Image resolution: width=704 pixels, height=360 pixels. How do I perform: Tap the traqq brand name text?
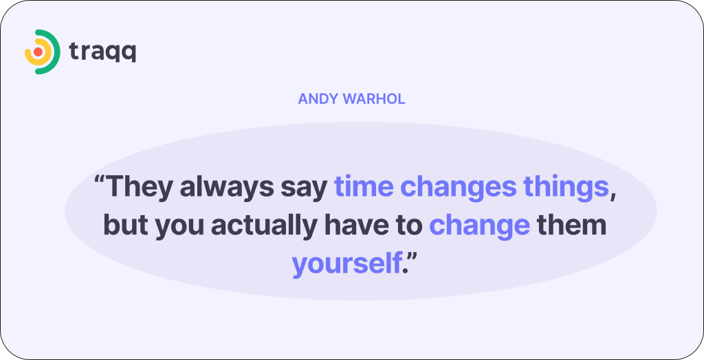102,52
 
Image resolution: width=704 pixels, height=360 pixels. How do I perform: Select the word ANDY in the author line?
316,99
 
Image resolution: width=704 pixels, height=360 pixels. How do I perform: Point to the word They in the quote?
140,188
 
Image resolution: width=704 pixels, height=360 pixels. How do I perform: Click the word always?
224,188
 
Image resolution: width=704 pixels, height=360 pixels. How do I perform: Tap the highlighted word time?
363,187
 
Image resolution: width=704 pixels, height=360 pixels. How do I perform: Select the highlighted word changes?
458,188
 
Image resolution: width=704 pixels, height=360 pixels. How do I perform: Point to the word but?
124,225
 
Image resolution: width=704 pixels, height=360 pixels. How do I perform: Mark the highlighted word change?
479,226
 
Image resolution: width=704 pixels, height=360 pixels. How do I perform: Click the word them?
571,225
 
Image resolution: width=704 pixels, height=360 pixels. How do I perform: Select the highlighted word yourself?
346,264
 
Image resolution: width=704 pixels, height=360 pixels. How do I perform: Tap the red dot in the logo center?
38,52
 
